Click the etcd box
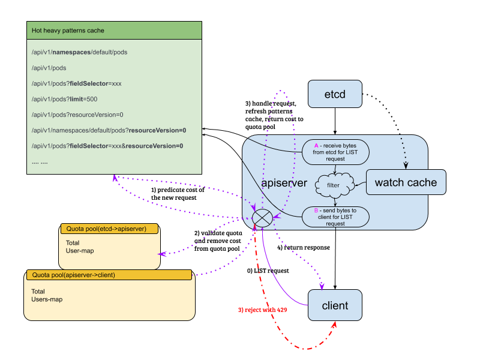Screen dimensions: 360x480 point(335,94)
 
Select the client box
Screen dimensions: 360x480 point(335,305)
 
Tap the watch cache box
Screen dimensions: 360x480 point(406,182)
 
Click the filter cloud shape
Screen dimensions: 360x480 point(333,185)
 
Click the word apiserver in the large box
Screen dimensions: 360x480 point(284,183)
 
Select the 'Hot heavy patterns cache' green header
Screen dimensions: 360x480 point(114,31)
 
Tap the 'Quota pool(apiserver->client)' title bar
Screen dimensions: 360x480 point(108,275)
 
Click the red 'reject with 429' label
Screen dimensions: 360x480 point(263,310)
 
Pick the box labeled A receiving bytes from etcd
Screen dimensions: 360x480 point(335,152)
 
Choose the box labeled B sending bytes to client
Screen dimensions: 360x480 point(335,217)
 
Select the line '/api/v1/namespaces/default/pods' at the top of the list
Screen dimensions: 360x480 point(79,52)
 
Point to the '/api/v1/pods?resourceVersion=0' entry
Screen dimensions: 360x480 point(77,115)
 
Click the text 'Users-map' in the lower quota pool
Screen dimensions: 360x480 point(47,299)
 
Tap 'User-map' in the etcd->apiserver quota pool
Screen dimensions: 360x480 point(80,250)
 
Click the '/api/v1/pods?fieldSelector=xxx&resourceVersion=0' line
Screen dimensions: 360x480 point(107,146)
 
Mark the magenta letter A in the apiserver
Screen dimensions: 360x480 point(316,146)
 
